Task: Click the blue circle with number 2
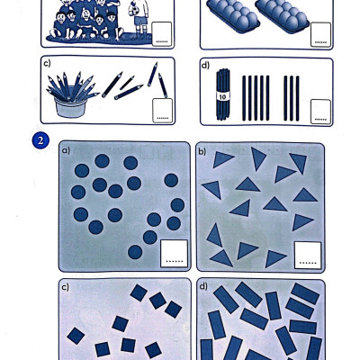40,140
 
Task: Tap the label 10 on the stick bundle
222,96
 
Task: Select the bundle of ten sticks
222,94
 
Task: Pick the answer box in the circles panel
174,254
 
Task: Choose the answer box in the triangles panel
308,256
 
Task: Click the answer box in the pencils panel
163,111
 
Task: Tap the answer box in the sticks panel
320,112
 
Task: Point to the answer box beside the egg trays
320,34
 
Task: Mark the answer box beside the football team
162,34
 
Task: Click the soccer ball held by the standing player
134,11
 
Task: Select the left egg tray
234,16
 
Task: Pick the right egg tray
282,16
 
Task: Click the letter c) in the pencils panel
47,63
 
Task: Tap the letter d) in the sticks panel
205,65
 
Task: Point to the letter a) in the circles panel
66,150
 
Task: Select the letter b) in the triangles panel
202,151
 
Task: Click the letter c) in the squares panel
65,287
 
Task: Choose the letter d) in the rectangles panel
203,287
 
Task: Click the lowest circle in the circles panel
135,252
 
